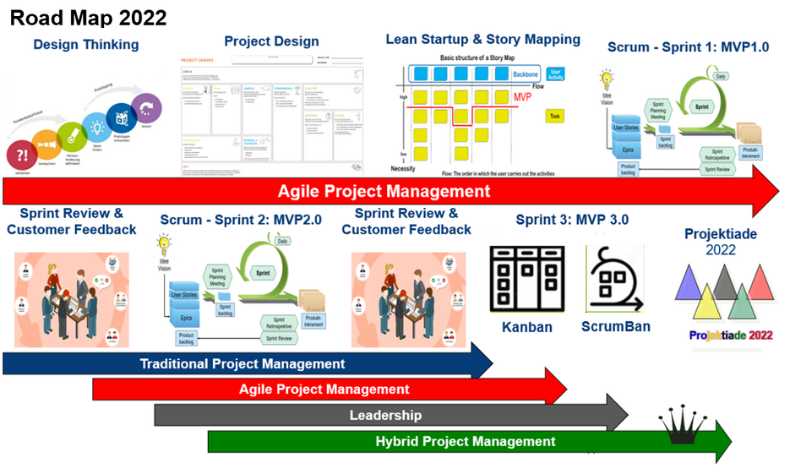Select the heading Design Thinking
click(x=86, y=44)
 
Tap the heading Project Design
click(x=271, y=41)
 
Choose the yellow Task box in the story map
click(x=555, y=117)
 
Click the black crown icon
click(x=682, y=428)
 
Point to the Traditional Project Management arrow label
click(x=242, y=364)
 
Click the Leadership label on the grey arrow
click(x=385, y=415)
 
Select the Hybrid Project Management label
click(x=466, y=441)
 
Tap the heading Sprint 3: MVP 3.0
click(x=572, y=221)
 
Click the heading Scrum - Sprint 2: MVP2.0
click(x=241, y=221)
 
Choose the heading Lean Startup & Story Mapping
click(x=482, y=39)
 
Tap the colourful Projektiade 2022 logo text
click(x=731, y=335)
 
